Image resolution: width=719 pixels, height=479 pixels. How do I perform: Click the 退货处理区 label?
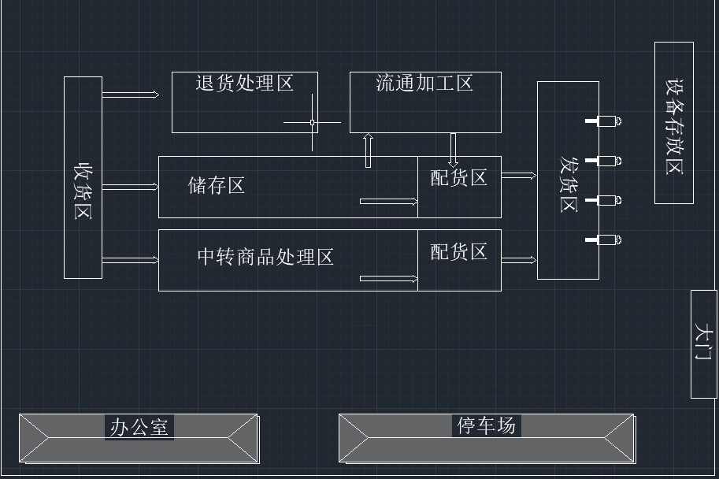(x=245, y=83)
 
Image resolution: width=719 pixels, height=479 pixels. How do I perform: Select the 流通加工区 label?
(x=424, y=83)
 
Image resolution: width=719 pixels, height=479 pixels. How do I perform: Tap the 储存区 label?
(x=217, y=185)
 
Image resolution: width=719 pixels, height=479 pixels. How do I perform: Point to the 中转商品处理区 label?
(x=265, y=257)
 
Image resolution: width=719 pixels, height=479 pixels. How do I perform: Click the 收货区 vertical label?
(x=83, y=191)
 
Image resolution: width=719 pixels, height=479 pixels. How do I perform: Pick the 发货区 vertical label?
(x=568, y=184)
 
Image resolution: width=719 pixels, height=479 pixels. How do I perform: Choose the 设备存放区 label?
(x=674, y=126)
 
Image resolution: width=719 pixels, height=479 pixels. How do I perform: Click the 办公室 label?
(x=139, y=427)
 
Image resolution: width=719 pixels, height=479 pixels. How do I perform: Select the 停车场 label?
(x=487, y=425)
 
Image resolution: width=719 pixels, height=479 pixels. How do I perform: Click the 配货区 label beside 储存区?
(x=458, y=177)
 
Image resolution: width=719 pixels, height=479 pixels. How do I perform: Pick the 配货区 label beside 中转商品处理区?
(x=458, y=251)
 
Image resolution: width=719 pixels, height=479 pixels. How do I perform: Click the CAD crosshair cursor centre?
(x=313, y=122)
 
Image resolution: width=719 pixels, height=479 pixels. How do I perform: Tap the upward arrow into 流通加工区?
(x=368, y=150)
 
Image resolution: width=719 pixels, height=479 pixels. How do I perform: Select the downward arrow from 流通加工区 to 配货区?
(x=454, y=148)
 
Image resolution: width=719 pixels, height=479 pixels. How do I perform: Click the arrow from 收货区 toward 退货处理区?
(x=131, y=95)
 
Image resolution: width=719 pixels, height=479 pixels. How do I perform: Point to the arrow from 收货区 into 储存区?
(x=131, y=187)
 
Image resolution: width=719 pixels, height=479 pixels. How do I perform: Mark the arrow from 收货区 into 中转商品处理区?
(x=131, y=259)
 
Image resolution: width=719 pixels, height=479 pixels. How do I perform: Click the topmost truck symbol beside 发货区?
(x=605, y=121)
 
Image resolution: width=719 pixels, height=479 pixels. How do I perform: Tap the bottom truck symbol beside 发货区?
(x=605, y=239)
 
